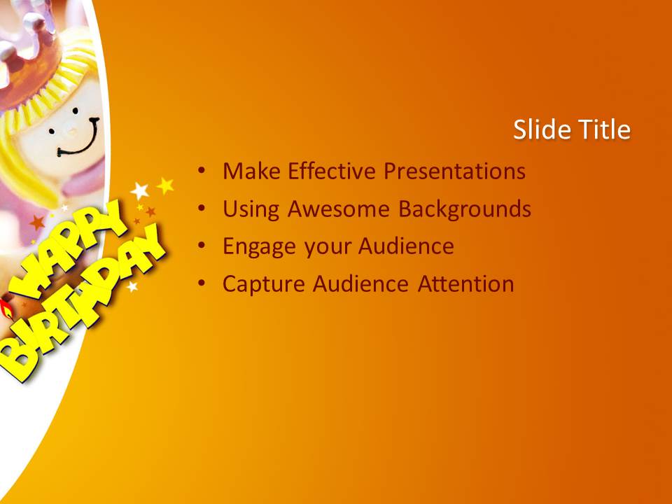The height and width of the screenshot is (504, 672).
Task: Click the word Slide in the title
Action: click(x=542, y=129)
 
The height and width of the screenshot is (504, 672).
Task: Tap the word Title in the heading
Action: click(x=604, y=129)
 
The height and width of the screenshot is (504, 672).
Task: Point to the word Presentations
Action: click(x=455, y=171)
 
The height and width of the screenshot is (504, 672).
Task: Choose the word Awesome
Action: click(x=339, y=209)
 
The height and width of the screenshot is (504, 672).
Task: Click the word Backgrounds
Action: click(x=465, y=209)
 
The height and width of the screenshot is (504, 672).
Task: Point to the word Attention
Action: click(x=466, y=283)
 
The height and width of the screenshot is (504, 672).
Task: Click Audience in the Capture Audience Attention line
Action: click(x=360, y=283)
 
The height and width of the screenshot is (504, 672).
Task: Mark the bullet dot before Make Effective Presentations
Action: click(x=202, y=171)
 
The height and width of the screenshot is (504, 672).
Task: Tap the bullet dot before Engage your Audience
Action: click(x=202, y=246)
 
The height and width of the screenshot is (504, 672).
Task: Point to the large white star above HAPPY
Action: click(x=140, y=190)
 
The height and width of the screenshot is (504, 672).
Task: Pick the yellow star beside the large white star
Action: click(x=165, y=185)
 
